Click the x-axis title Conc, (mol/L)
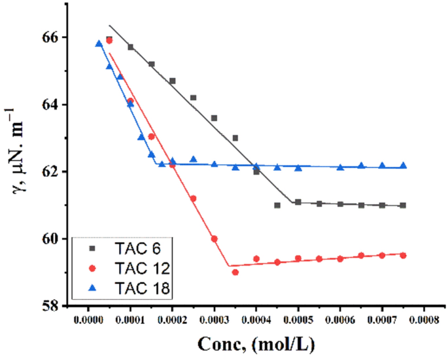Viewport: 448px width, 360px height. [x=255, y=342]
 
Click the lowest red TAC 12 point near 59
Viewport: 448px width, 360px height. [x=235, y=272]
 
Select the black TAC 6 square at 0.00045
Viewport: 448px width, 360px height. [x=277, y=206]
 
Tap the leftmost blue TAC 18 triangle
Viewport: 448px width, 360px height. [x=99, y=44]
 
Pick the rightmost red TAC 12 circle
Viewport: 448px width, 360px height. [x=403, y=255]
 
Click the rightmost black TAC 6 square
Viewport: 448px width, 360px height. [x=403, y=206]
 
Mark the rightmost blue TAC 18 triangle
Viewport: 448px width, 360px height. [x=403, y=166]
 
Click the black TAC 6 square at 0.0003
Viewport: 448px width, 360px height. [x=215, y=118]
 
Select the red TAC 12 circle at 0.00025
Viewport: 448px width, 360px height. [x=194, y=198]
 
